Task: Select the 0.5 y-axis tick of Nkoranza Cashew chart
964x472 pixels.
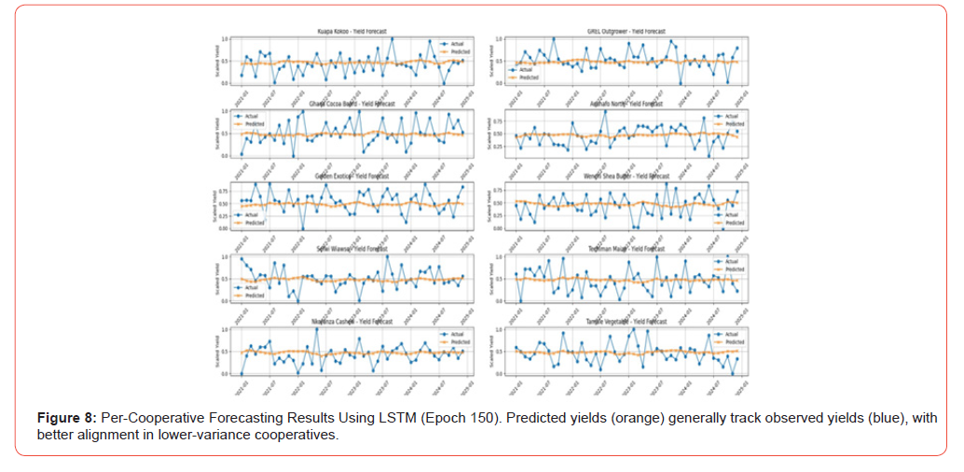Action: [x=225, y=352]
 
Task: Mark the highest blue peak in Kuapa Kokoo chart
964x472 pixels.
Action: [x=392, y=39]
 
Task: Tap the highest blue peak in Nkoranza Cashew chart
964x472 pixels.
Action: [x=316, y=329]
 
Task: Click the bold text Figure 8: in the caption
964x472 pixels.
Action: [x=66, y=417]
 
